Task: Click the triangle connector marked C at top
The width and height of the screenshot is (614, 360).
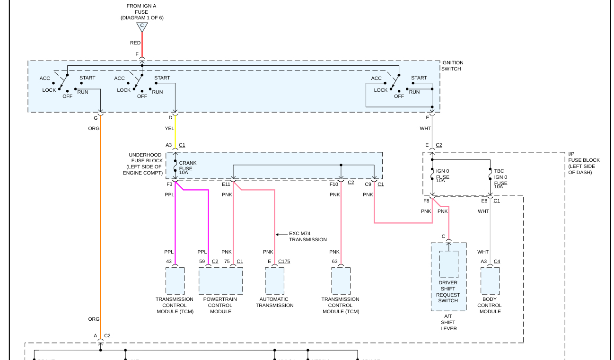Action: click(x=142, y=26)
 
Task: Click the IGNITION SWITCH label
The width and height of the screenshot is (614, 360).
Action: click(x=452, y=66)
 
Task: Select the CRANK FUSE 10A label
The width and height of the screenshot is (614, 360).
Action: click(x=187, y=167)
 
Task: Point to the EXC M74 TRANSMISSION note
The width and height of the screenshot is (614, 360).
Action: click(x=308, y=237)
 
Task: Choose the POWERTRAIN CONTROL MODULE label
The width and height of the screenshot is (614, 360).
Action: click(x=220, y=305)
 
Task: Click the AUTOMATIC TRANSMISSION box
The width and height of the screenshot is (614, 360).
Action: click(x=275, y=281)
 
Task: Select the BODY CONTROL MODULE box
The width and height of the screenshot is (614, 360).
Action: click(x=490, y=281)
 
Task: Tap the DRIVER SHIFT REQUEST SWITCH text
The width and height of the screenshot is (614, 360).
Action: click(x=448, y=292)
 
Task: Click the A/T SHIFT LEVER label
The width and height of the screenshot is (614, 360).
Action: click(x=448, y=322)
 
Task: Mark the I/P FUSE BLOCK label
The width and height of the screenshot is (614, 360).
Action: click(x=584, y=163)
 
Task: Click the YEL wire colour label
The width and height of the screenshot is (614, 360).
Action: click(x=169, y=129)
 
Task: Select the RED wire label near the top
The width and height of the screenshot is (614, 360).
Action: click(x=135, y=43)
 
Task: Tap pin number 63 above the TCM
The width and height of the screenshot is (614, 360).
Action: click(x=334, y=261)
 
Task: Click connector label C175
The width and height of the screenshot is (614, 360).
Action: click(x=284, y=261)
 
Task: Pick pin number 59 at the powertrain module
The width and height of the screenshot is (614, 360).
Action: click(x=202, y=261)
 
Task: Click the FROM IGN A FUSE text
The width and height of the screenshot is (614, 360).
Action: click(x=141, y=12)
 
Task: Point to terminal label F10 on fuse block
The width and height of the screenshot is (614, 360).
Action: click(x=334, y=184)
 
